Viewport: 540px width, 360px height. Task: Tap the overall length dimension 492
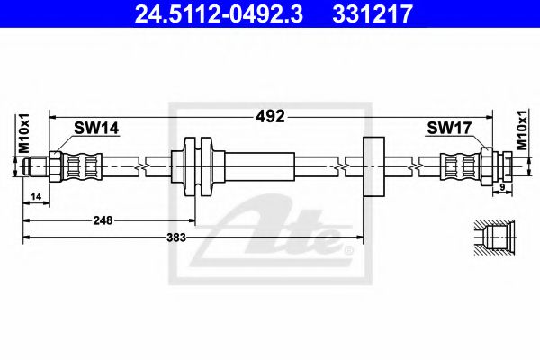271,116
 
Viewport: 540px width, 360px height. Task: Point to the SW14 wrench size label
97,130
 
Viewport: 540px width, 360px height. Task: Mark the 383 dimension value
178,237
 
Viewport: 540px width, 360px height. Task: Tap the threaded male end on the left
38,166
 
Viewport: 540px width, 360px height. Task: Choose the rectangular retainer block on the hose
373,166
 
